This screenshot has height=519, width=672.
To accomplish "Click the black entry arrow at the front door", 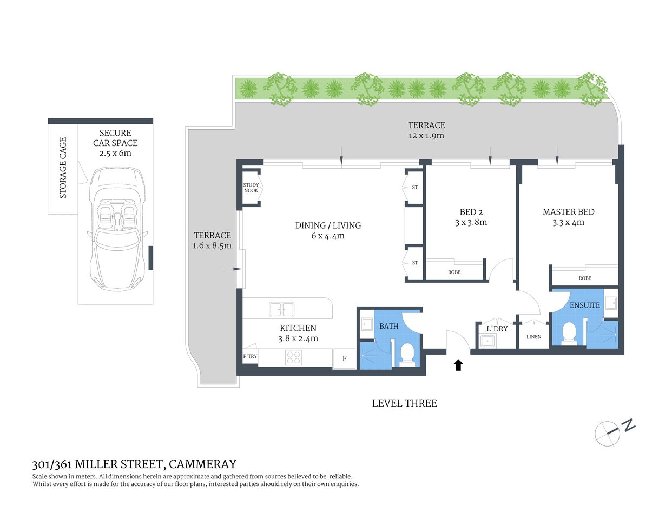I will [458, 365].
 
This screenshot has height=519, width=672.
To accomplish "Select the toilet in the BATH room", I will [406, 355].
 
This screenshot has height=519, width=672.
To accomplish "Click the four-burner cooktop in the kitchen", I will [293, 357].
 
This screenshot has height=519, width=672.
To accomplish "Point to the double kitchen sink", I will [281, 310].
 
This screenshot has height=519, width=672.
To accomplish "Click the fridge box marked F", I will [345, 358].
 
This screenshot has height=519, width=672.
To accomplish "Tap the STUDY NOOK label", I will [251, 188].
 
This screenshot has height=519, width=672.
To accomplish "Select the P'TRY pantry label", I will [250, 356].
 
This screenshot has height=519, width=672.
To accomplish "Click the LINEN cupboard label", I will [533, 336].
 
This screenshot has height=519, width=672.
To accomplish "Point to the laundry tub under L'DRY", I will [488, 341].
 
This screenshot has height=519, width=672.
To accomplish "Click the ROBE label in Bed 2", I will [454, 272].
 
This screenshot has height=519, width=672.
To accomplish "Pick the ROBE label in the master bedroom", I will [585, 278].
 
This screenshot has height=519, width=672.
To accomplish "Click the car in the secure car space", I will [117, 227].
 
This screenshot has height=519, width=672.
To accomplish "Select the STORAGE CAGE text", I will [63, 168].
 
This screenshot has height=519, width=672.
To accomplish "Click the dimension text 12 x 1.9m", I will [426, 136].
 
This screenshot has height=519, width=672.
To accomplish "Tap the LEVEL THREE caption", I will [404, 403].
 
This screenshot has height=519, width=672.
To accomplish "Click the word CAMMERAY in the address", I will [202, 464].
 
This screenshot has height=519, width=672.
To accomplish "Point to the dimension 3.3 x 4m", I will [568, 222].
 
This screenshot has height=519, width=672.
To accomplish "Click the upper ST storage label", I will [415, 188].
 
